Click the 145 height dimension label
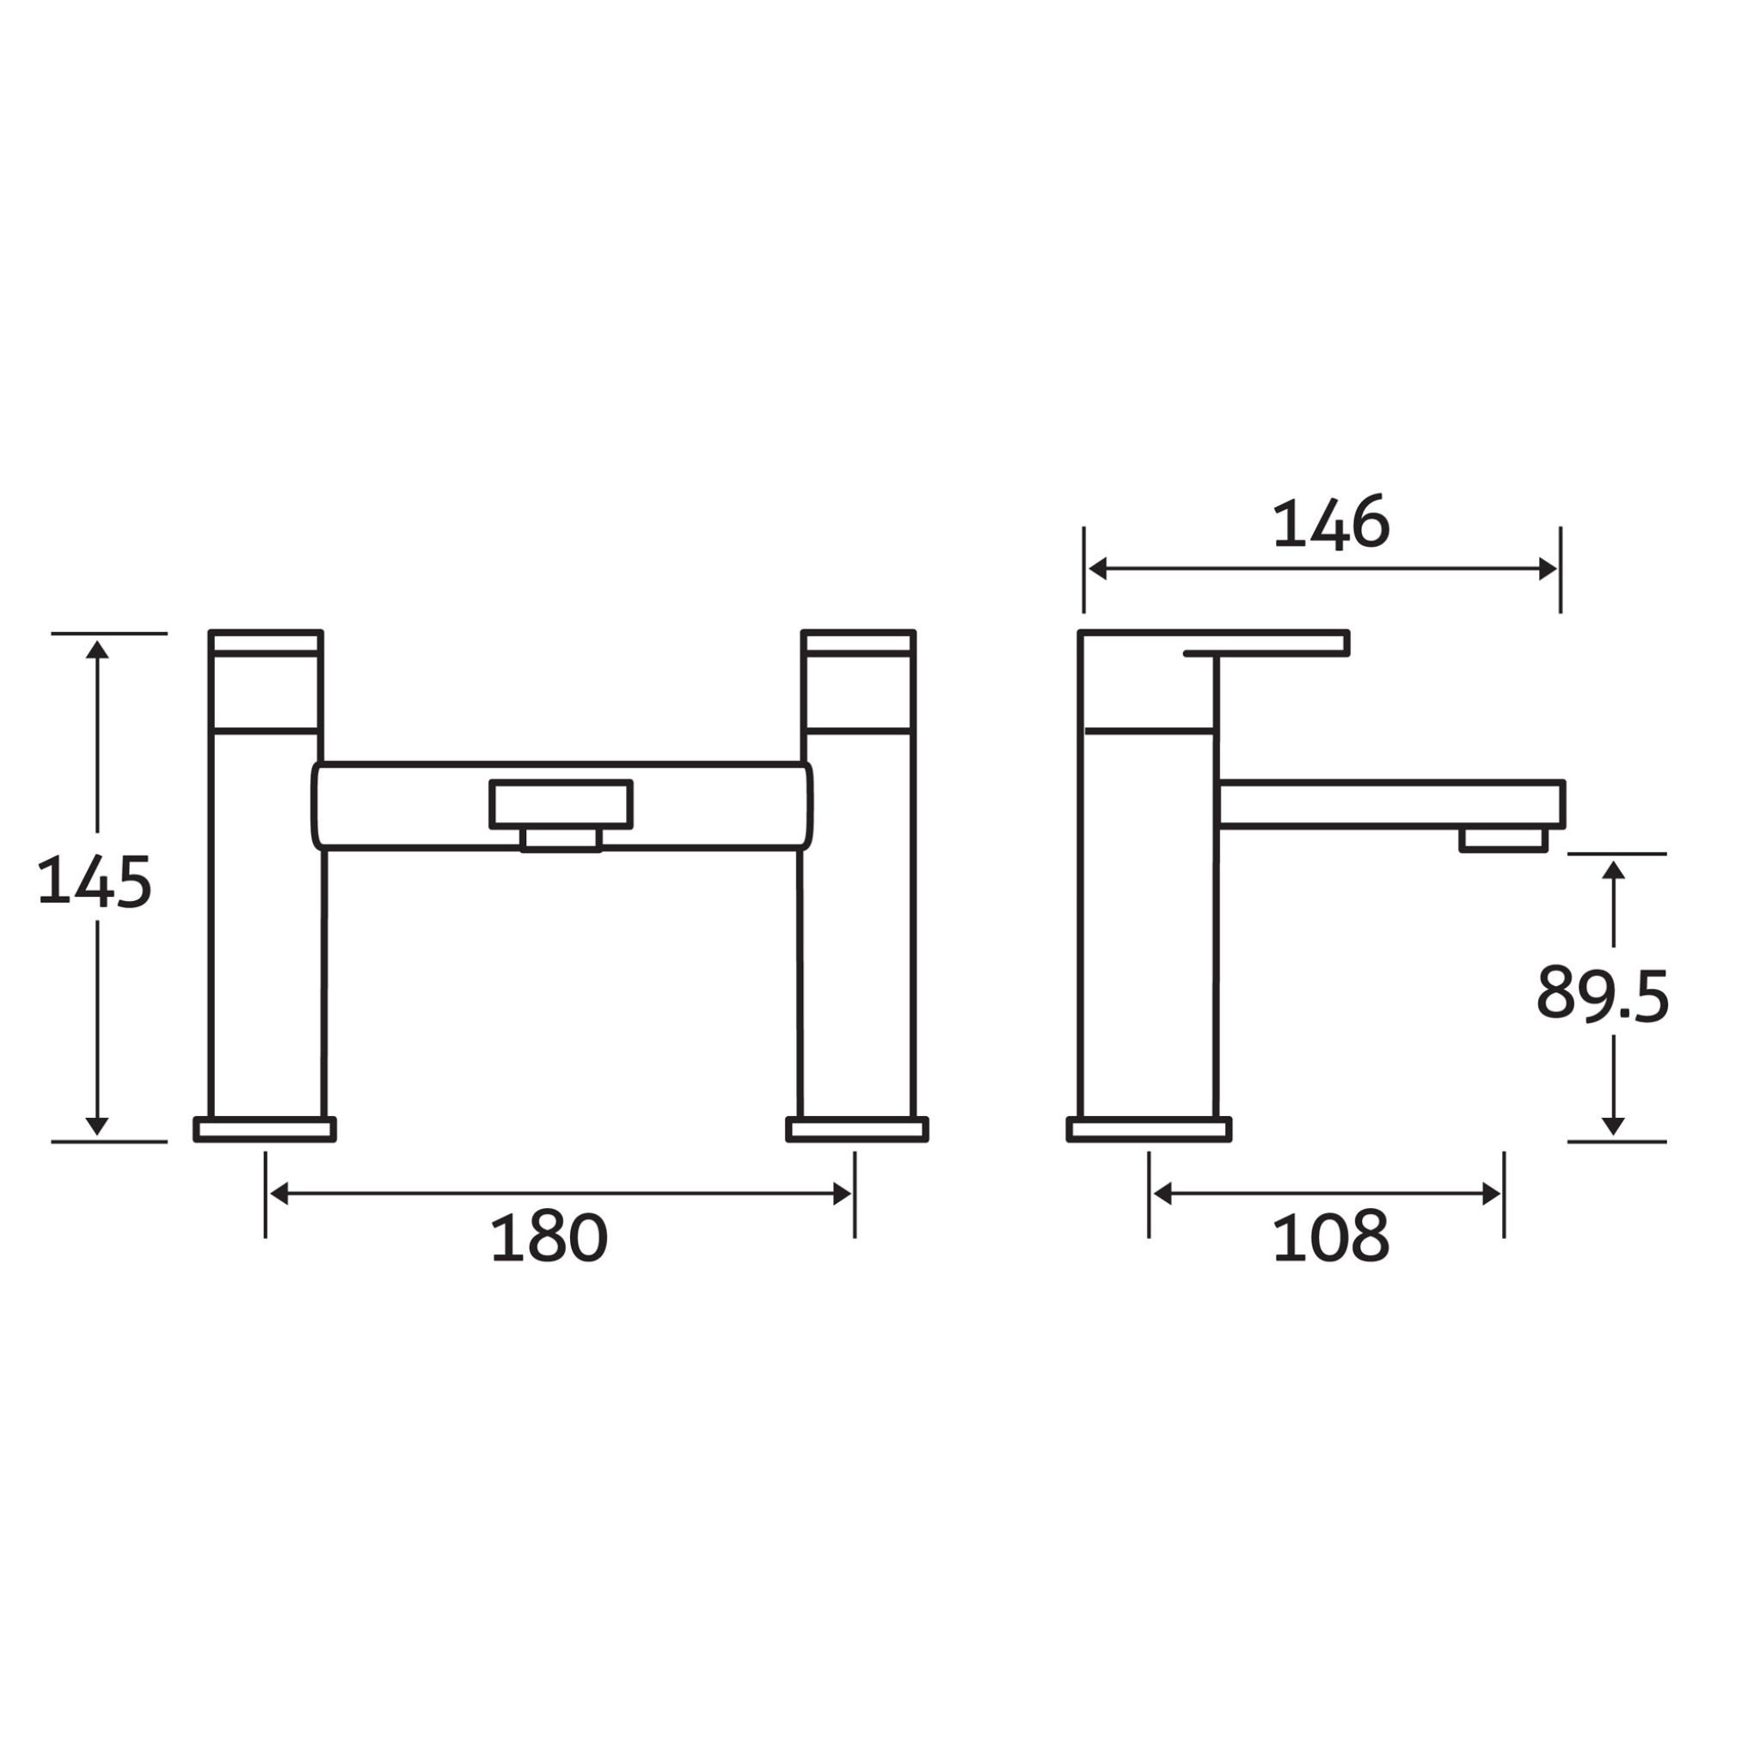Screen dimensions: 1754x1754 click(95, 881)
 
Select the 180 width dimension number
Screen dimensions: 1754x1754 click(549, 1237)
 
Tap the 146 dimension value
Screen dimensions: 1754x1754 click(1330, 524)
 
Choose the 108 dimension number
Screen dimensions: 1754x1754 click(1330, 1237)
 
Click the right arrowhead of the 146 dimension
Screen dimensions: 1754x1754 click(1548, 570)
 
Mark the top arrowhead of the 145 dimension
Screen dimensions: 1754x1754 click(97, 649)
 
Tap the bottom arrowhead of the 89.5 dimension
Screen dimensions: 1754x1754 click(1612, 1125)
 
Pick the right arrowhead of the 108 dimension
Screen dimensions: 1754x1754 click(1491, 1194)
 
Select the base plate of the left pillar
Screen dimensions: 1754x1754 click(265, 1130)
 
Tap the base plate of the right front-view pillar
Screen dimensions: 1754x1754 click(857, 1130)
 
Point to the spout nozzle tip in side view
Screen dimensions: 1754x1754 click(1503, 839)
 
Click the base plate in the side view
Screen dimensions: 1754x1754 click(1149, 1130)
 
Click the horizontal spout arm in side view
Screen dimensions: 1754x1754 click(1389, 803)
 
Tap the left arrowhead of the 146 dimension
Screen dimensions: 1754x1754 click(1098, 570)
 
